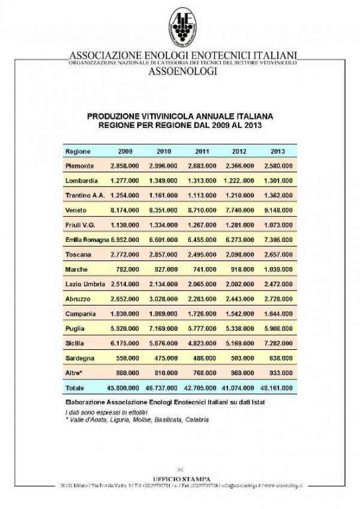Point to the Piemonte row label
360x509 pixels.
click(x=80, y=165)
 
